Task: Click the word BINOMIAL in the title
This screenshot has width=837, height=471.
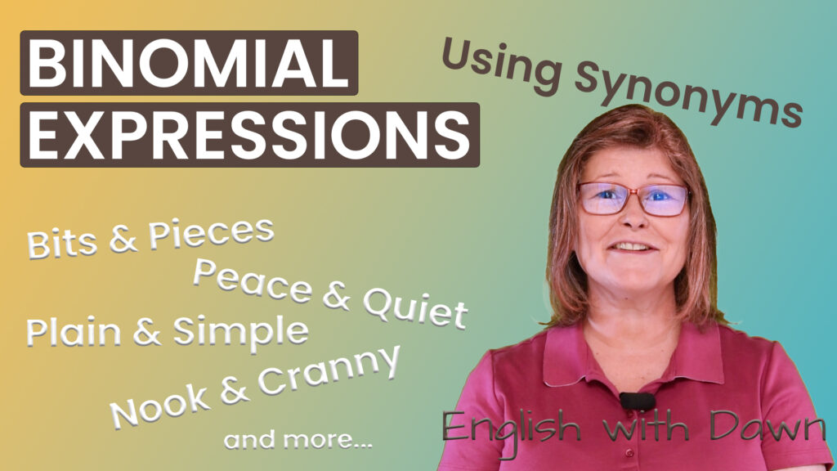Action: click(x=189, y=64)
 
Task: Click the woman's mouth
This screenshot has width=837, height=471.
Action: click(x=631, y=245)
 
